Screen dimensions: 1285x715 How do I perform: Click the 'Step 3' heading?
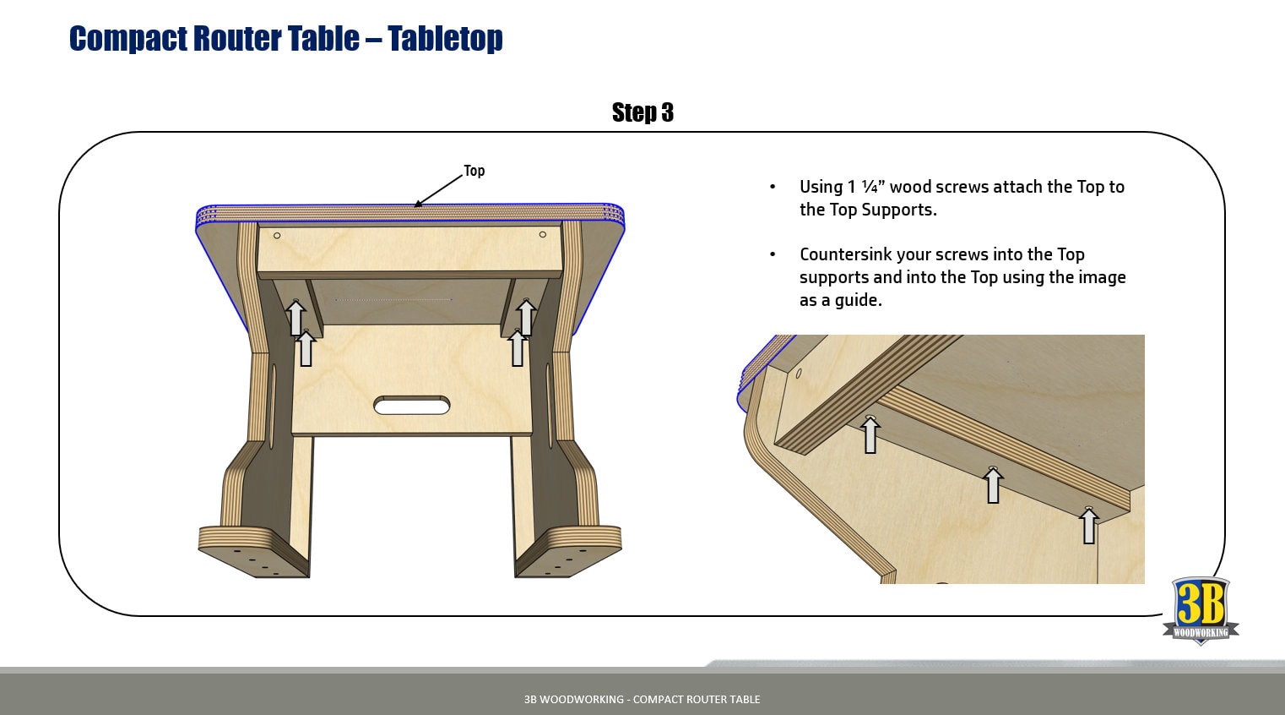pyautogui.click(x=642, y=112)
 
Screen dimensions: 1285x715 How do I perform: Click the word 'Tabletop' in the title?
pyautogui.click(x=445, y=39)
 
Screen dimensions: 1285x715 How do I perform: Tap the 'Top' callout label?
pyautogui.click(x=474, y=171)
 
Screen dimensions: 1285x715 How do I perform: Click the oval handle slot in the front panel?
pyautogui.click(x=411, y=406)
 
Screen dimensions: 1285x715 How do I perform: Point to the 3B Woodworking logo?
pyautogui.click(x=1201, y=611)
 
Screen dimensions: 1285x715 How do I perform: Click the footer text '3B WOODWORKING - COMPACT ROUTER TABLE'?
pyautogui.click(x=642, y=699)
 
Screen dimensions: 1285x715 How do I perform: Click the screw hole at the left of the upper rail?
pyautogui.click(x=277, y=236)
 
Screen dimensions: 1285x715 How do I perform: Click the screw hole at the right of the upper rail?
pyautogui.click(x=542, y=234)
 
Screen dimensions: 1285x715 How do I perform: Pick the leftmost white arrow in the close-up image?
pyautogui.click(x=870, y=434)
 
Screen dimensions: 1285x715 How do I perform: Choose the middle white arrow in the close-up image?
pyautogui.click(x=993, y=485)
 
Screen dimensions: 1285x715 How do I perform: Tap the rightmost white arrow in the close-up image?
pyautogui.click(x=1089, y=525)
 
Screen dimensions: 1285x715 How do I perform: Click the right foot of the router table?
pyautogui.click(x=568, y=551)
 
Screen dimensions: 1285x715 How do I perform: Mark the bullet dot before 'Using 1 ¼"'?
pyautogui.click(x=773, y=187)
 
